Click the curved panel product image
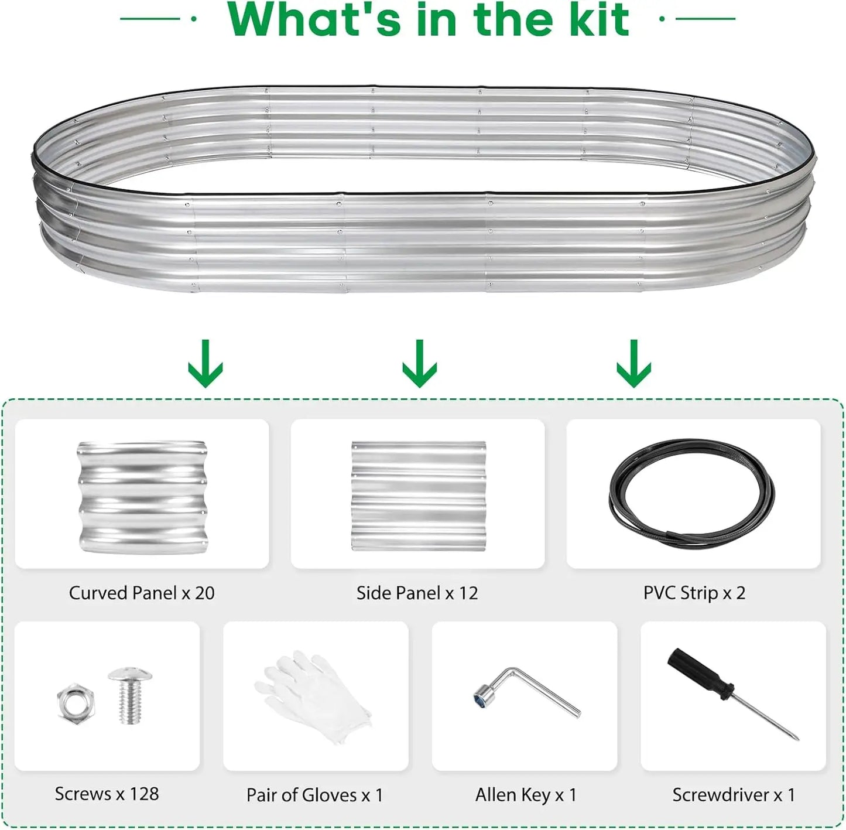point(142,497)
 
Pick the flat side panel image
point(419,496)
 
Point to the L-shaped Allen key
point(526,691)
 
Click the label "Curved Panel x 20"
point(142,593)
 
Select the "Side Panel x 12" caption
point(417,593)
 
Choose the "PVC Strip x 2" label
point(694,593)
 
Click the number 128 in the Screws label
point(144,794)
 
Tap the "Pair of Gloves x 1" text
point(314,795)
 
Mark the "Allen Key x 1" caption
point(526,795)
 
